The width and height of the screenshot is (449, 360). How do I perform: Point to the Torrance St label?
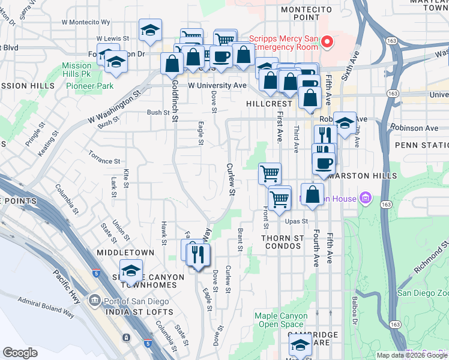pos(104,161)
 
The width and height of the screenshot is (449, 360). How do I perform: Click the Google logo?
pos(20,353)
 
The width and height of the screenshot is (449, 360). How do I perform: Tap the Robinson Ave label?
pos(414,128)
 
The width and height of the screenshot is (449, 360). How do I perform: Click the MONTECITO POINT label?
pos(306,13)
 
